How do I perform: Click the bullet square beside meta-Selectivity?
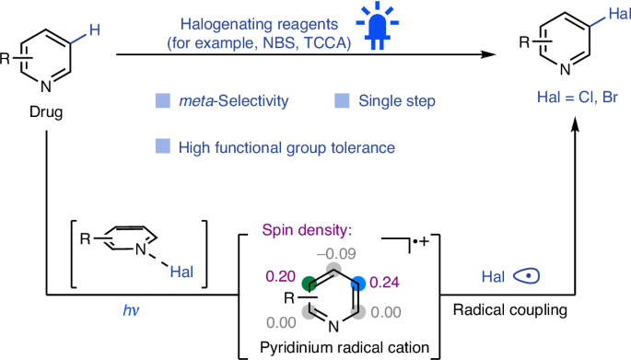click(162, 98)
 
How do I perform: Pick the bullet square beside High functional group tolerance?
click(162, 145)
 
